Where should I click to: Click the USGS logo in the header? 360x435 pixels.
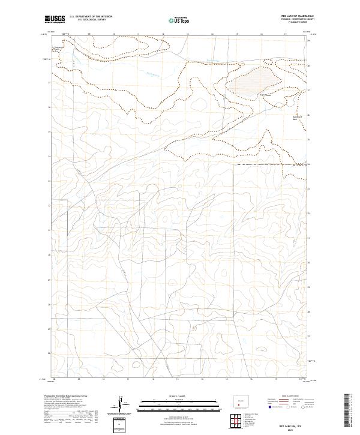(x=55, y=20)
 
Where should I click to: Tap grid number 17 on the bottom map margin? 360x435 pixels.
(x=275, y=379)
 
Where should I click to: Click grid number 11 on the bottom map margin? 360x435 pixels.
(x=127, y=379)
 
